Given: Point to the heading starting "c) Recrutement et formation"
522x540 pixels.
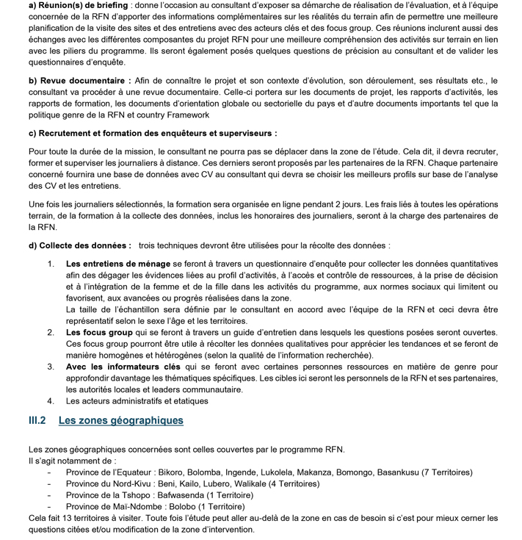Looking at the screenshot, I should (x=153, y=133).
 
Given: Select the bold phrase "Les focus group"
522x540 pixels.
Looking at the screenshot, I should (x=99, y=332).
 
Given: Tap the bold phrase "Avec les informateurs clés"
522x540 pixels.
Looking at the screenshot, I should (x=120, y=366).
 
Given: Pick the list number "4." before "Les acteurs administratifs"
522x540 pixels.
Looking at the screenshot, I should (x=51, y=401).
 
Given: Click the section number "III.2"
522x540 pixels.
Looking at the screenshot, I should (x=37, y=421).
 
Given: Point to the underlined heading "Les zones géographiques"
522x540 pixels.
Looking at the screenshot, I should (x=120, y=421).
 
